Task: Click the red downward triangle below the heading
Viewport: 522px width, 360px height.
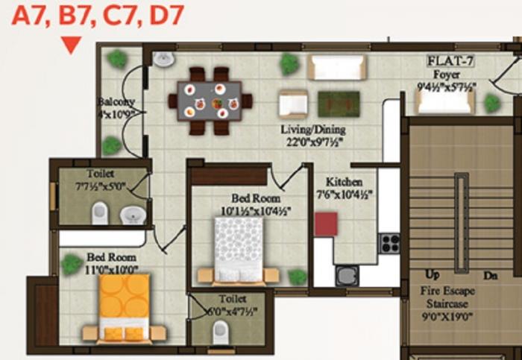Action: click(70, 45)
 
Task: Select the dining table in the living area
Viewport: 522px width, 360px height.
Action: click(210, 101)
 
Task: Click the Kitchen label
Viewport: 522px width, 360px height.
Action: click(345, 182)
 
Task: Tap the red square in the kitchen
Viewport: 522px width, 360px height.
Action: click(326, 224)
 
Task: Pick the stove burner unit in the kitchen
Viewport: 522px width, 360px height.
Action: click(389, 244)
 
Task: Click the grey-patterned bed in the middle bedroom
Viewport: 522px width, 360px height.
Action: click(239, 247)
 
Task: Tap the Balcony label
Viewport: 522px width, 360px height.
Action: click(116, 102)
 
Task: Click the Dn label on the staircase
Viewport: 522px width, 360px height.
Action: click(490, 276)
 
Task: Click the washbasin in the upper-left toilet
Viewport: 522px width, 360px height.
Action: click(133, 215)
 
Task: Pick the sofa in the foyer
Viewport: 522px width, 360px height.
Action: click(446, 101)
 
